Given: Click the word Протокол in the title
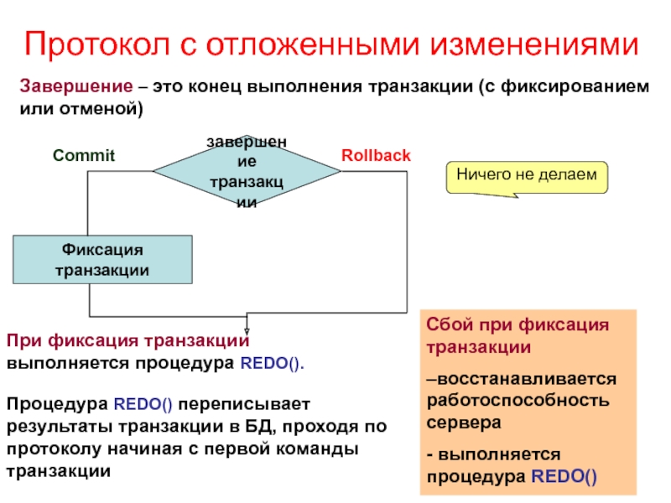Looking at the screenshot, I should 93,44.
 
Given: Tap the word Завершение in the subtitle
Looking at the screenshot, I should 75,87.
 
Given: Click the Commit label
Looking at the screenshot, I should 83,156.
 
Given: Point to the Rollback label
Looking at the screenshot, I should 376,156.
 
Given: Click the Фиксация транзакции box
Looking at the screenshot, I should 102,260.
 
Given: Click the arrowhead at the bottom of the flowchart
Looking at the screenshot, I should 247,329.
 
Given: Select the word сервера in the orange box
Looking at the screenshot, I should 465,423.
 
